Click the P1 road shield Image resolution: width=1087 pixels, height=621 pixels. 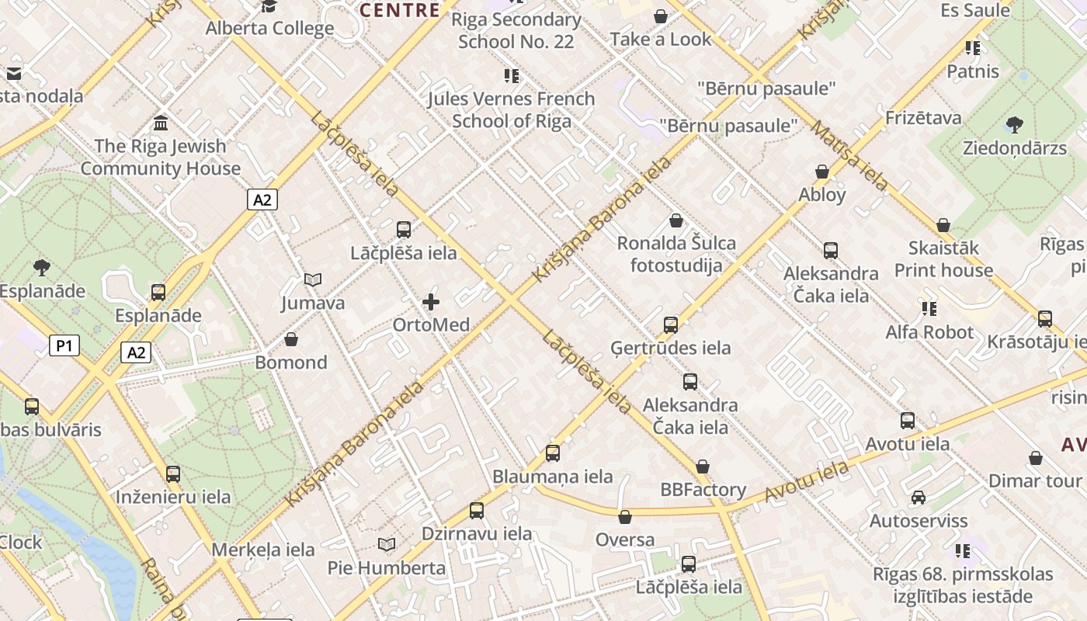click(x=64, y=345)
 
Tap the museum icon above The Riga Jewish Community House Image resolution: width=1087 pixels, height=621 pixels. click(x=161, y=123)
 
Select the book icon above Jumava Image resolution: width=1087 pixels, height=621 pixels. click(x=313, y=279)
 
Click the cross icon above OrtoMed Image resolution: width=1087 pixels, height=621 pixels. click(x=431, y=301)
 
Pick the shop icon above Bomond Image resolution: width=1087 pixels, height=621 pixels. click(x=291, y=339)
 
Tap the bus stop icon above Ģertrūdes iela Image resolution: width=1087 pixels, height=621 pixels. click(x=671, y=324)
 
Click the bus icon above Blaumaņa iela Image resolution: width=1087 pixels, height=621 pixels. click(x=552, y=453)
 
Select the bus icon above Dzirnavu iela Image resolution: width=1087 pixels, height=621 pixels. click(x=477, y=511)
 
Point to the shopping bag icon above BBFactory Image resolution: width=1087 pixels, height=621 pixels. click(x=703, y=467)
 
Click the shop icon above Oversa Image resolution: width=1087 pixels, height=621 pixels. click(x=625, y=517)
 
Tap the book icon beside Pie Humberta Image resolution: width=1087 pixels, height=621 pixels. click(x=386, y=545)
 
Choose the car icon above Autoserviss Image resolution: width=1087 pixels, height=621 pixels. click(x=919, y=498)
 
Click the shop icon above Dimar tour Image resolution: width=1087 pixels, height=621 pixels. click(x=1035, y=458)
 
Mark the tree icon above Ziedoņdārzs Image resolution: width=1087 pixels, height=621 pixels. click(x=1014, y=124)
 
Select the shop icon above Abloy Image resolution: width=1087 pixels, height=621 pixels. click(x=822, y=172)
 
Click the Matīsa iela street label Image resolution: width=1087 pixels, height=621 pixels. click(x=849, y=155)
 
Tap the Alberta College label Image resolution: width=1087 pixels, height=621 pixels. click(x=269, y=29)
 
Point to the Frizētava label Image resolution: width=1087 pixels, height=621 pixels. click(x=923, y=118)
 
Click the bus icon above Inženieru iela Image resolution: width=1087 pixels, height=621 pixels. click(x=173, y=474)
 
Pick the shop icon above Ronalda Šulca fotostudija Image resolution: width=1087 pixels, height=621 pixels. click(x=676, y=220)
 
